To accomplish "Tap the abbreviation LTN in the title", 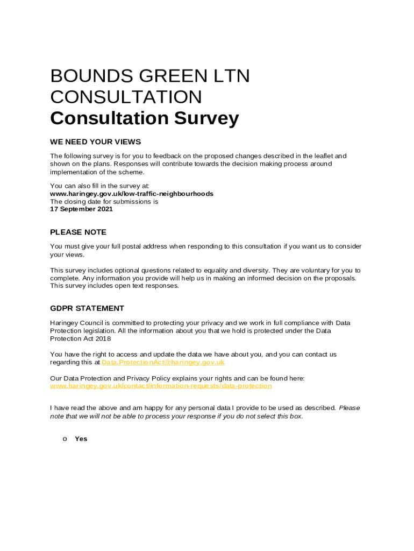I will tap(229, 76).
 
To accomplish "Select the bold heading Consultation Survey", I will tap(144, 118).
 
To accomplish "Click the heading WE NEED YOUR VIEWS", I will tap(95, 142).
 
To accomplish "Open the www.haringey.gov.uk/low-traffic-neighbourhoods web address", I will tap(131, 194).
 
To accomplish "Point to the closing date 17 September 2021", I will tap(81, 209).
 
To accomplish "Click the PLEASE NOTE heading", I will tap(78, 232).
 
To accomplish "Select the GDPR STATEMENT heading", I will tap(87, 308).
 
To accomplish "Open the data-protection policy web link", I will tap(161, 386).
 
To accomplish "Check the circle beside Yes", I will tap(65, 439).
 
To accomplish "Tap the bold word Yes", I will tap(81, 439).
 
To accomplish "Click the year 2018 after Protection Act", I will tap(104, 339).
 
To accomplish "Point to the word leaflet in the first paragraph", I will tap(324, 156).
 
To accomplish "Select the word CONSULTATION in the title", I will tap(126, 97).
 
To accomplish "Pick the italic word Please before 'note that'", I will tap(349, 408).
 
